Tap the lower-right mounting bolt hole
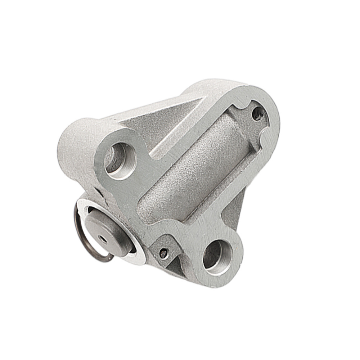click(x=216, y=256)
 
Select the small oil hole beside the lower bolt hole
click(x=163, y=253)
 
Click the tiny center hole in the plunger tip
click(x=103, y=239)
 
